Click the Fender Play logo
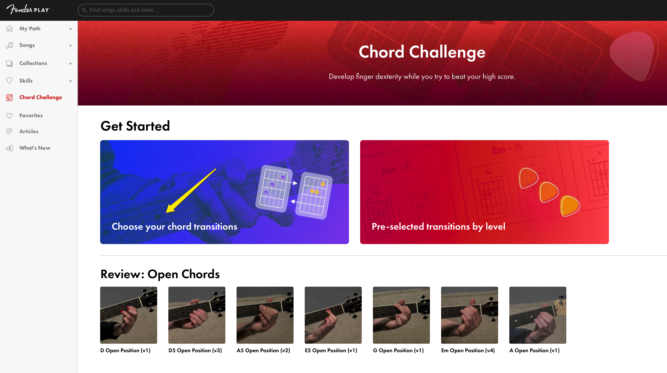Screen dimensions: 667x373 pos(28,10)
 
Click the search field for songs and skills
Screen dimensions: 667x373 pos(146,10)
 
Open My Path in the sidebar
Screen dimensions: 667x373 pos(30,29)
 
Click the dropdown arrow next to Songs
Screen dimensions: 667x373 pos(70,46)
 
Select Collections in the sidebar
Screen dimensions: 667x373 pos(33,63)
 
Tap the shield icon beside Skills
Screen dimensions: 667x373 pos(9,81)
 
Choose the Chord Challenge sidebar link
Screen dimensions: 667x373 pos(40,97)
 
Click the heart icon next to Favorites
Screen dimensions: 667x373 pos(9,116)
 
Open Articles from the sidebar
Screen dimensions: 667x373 pos(29,131)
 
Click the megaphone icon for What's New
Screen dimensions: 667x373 pos(10,148)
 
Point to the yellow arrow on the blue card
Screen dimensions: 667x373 pos(191,191)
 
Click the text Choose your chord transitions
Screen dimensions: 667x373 pos(174,226)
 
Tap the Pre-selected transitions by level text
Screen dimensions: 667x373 pos(438,226)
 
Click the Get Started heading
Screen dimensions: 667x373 pos(135,126)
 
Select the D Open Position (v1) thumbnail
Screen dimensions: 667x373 pos(129,315)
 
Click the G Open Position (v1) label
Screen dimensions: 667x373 pos(398,350)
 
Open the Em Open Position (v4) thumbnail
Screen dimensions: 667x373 pos(470,315)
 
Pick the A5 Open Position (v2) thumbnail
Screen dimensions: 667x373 pos(265,315)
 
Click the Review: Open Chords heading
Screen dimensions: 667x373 pos(160,274)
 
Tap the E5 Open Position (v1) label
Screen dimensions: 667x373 pos(331,350)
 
